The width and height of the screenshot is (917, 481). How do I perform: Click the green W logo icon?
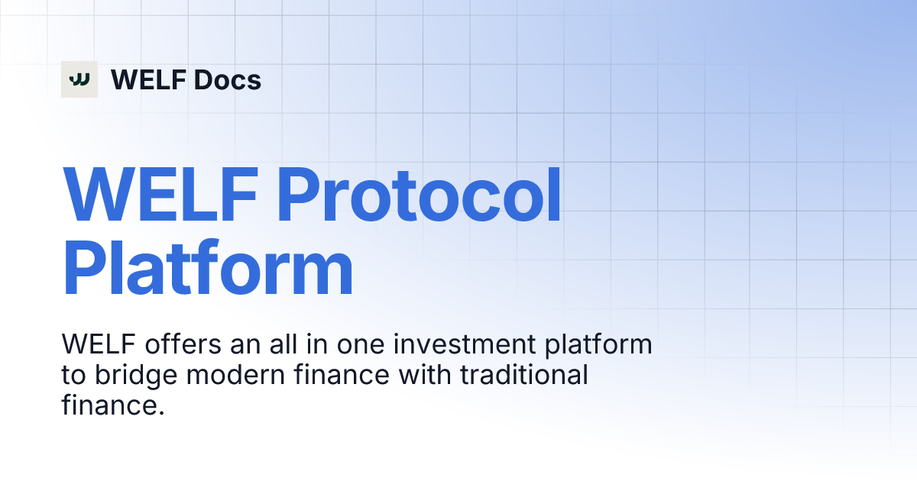[x=79, y=79]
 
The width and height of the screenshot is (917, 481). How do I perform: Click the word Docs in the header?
[x=227, y=79]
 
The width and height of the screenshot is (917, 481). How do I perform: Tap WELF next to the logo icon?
[x=148, y=79]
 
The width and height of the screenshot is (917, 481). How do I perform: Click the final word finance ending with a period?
[x=113, y=405]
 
